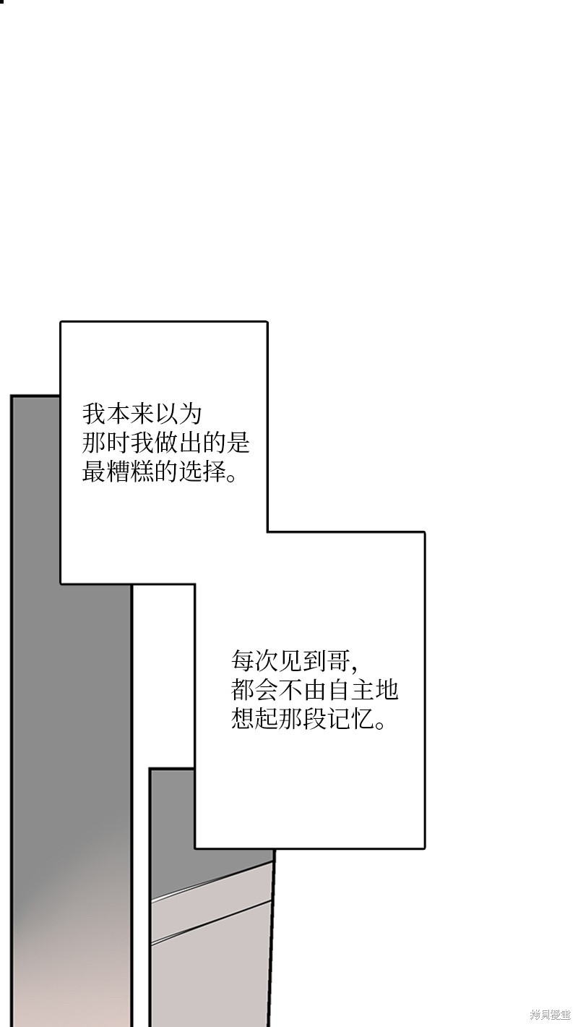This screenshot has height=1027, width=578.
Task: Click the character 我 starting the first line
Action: (94, 414)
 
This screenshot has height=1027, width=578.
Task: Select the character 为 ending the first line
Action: (190, 414)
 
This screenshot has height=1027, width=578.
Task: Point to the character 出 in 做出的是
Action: (190, 443)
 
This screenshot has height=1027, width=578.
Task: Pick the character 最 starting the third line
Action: (94, 472)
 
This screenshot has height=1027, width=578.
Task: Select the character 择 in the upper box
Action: (214, 472)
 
